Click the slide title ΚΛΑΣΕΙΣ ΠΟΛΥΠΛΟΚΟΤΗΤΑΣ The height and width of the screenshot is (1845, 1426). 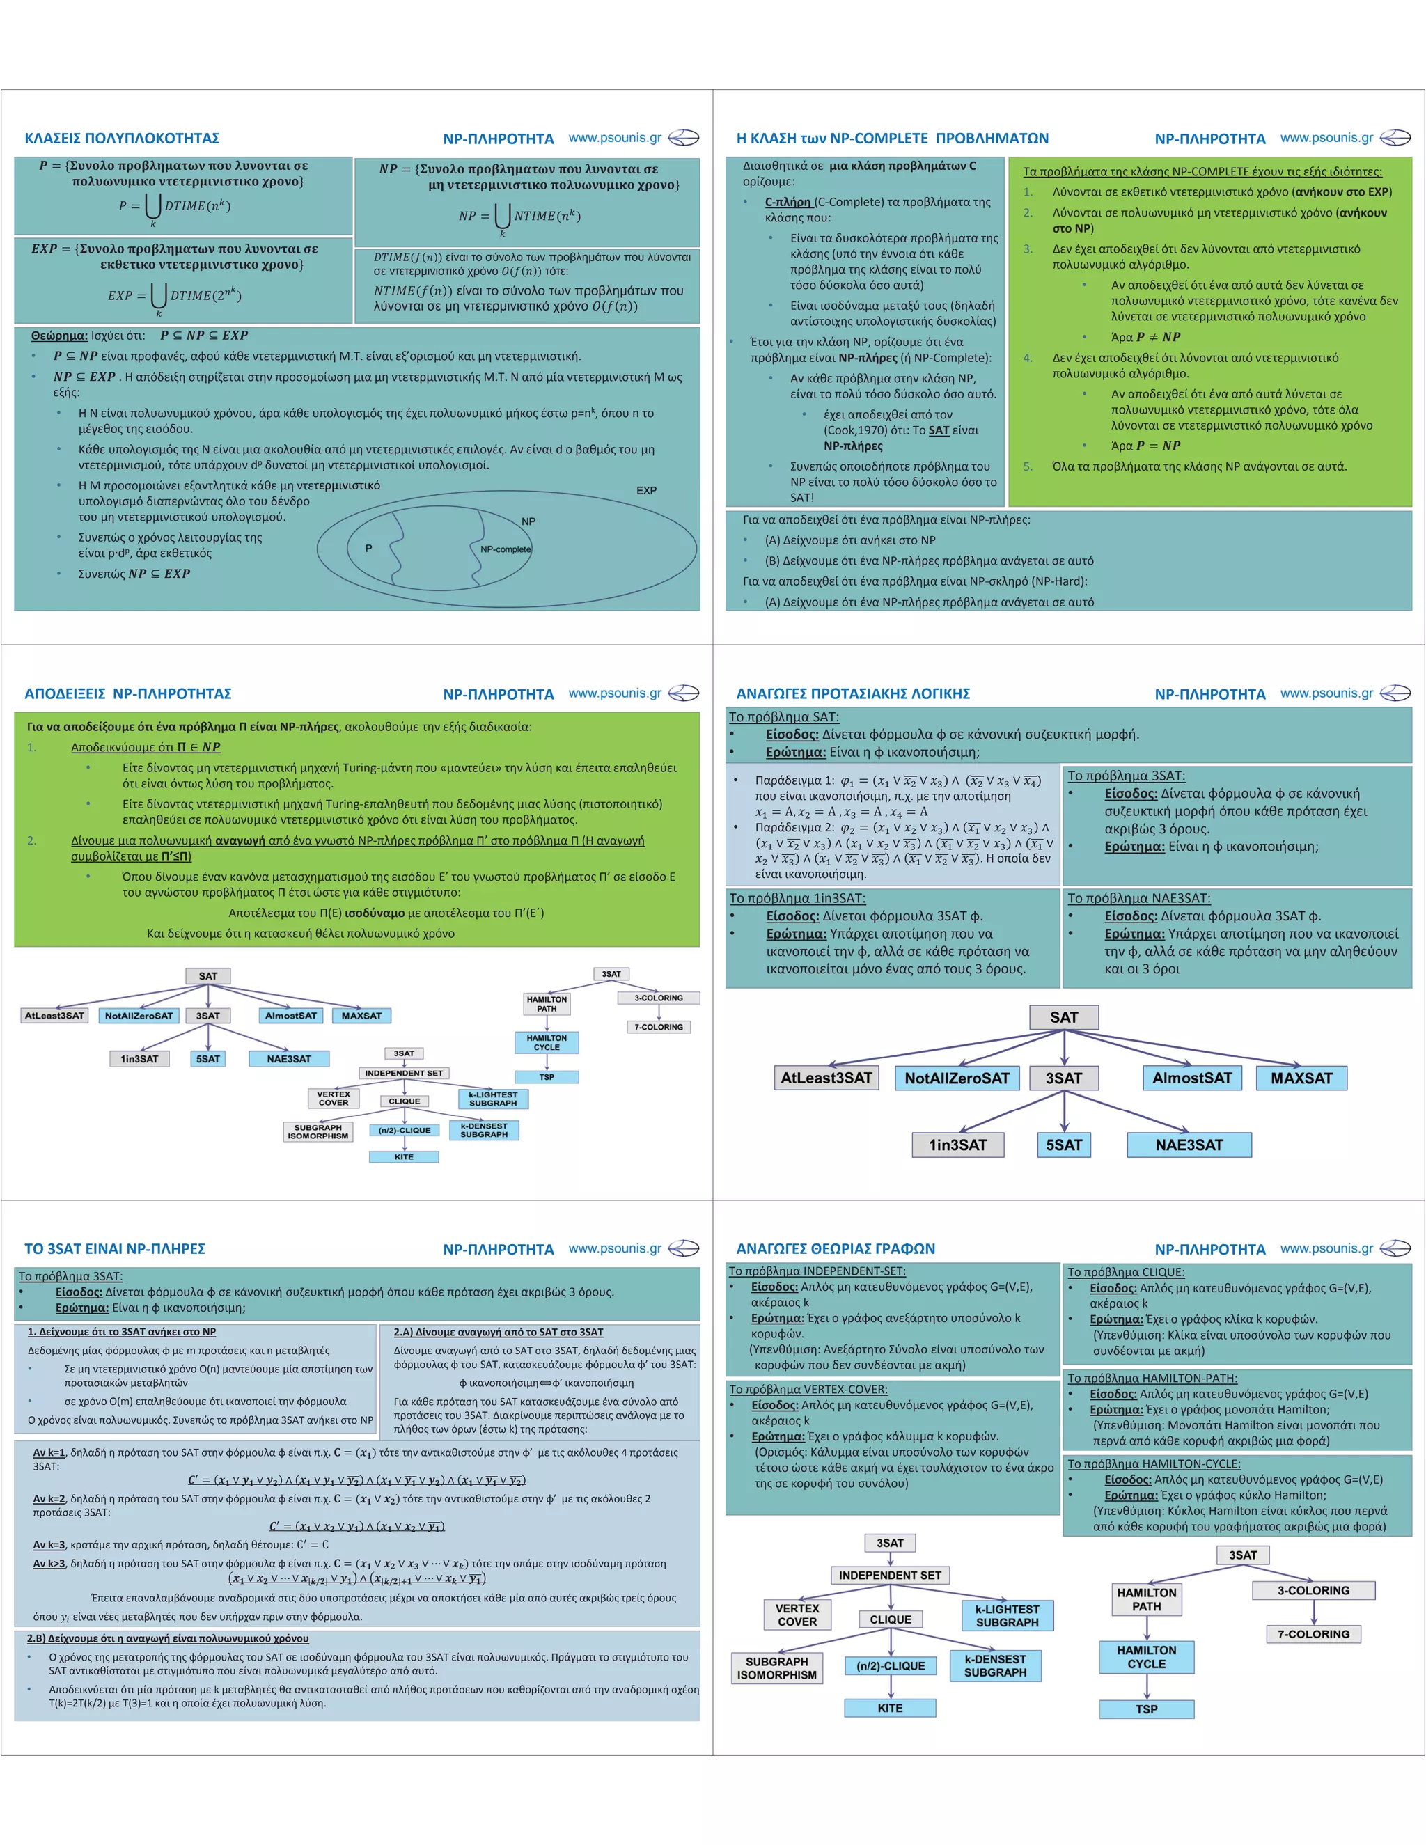(x=122, y=138)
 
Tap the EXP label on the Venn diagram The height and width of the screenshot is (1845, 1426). (x=646, y=490)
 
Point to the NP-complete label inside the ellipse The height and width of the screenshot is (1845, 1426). (x=506, y=549)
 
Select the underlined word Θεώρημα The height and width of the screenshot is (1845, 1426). (x=59, y=336)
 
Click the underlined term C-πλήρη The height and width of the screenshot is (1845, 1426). (x=788, y=202)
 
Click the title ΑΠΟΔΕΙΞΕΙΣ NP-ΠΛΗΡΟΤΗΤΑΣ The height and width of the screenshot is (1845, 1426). (x=127, y=693)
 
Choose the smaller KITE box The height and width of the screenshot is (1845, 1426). (x=404, y=1156)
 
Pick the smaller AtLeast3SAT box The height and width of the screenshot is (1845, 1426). (x=54, y=1015)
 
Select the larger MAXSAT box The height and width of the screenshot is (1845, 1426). (x=1301, y=1078)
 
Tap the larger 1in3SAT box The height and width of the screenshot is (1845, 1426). (x=957, y=1145)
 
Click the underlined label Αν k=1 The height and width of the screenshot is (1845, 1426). (x=49, y=1453)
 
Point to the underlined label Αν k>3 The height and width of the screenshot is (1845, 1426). (x=49, y=1564)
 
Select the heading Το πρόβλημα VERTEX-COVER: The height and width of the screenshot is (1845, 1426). (x=808, y=1390)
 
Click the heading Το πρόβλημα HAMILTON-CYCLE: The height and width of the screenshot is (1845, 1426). (x=1153, y=1464)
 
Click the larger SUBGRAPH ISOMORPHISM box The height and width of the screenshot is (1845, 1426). (x=776, y=1667)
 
